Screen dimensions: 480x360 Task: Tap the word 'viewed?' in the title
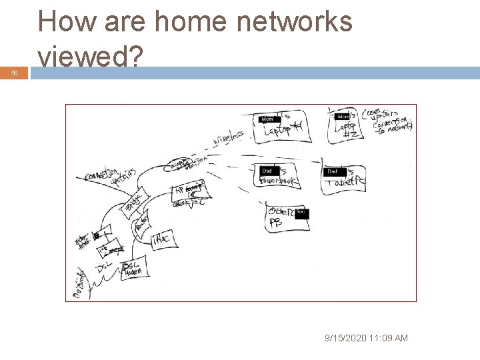[x=90, y=58]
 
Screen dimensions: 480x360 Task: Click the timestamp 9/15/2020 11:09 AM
[x=366, y=339]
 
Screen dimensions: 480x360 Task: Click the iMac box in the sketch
[x=163, y=240]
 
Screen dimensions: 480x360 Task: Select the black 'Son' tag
[x=301, y=212]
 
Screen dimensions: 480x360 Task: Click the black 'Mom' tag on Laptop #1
[x=267, y=119]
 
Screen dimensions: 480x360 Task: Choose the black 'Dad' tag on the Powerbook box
[x=267, y=171]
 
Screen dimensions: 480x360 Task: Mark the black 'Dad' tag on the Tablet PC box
[x=333, y=171]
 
